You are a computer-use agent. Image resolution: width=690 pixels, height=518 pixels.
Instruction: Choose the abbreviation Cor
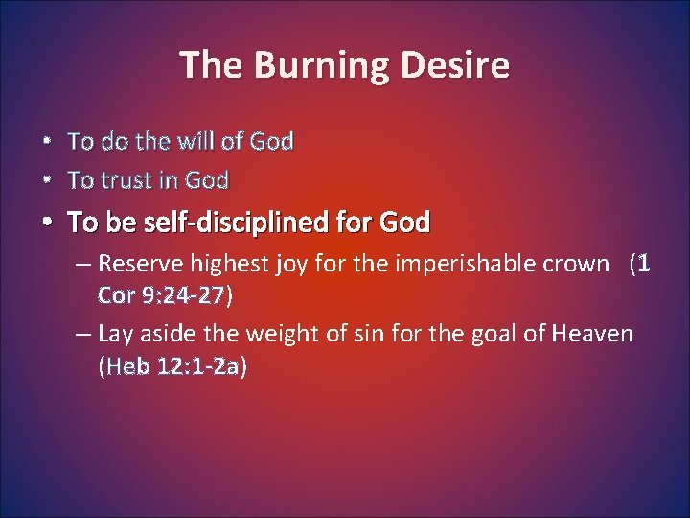coord(116,295)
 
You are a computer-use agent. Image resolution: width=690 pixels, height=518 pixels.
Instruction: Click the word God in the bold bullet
coord(404,224)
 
